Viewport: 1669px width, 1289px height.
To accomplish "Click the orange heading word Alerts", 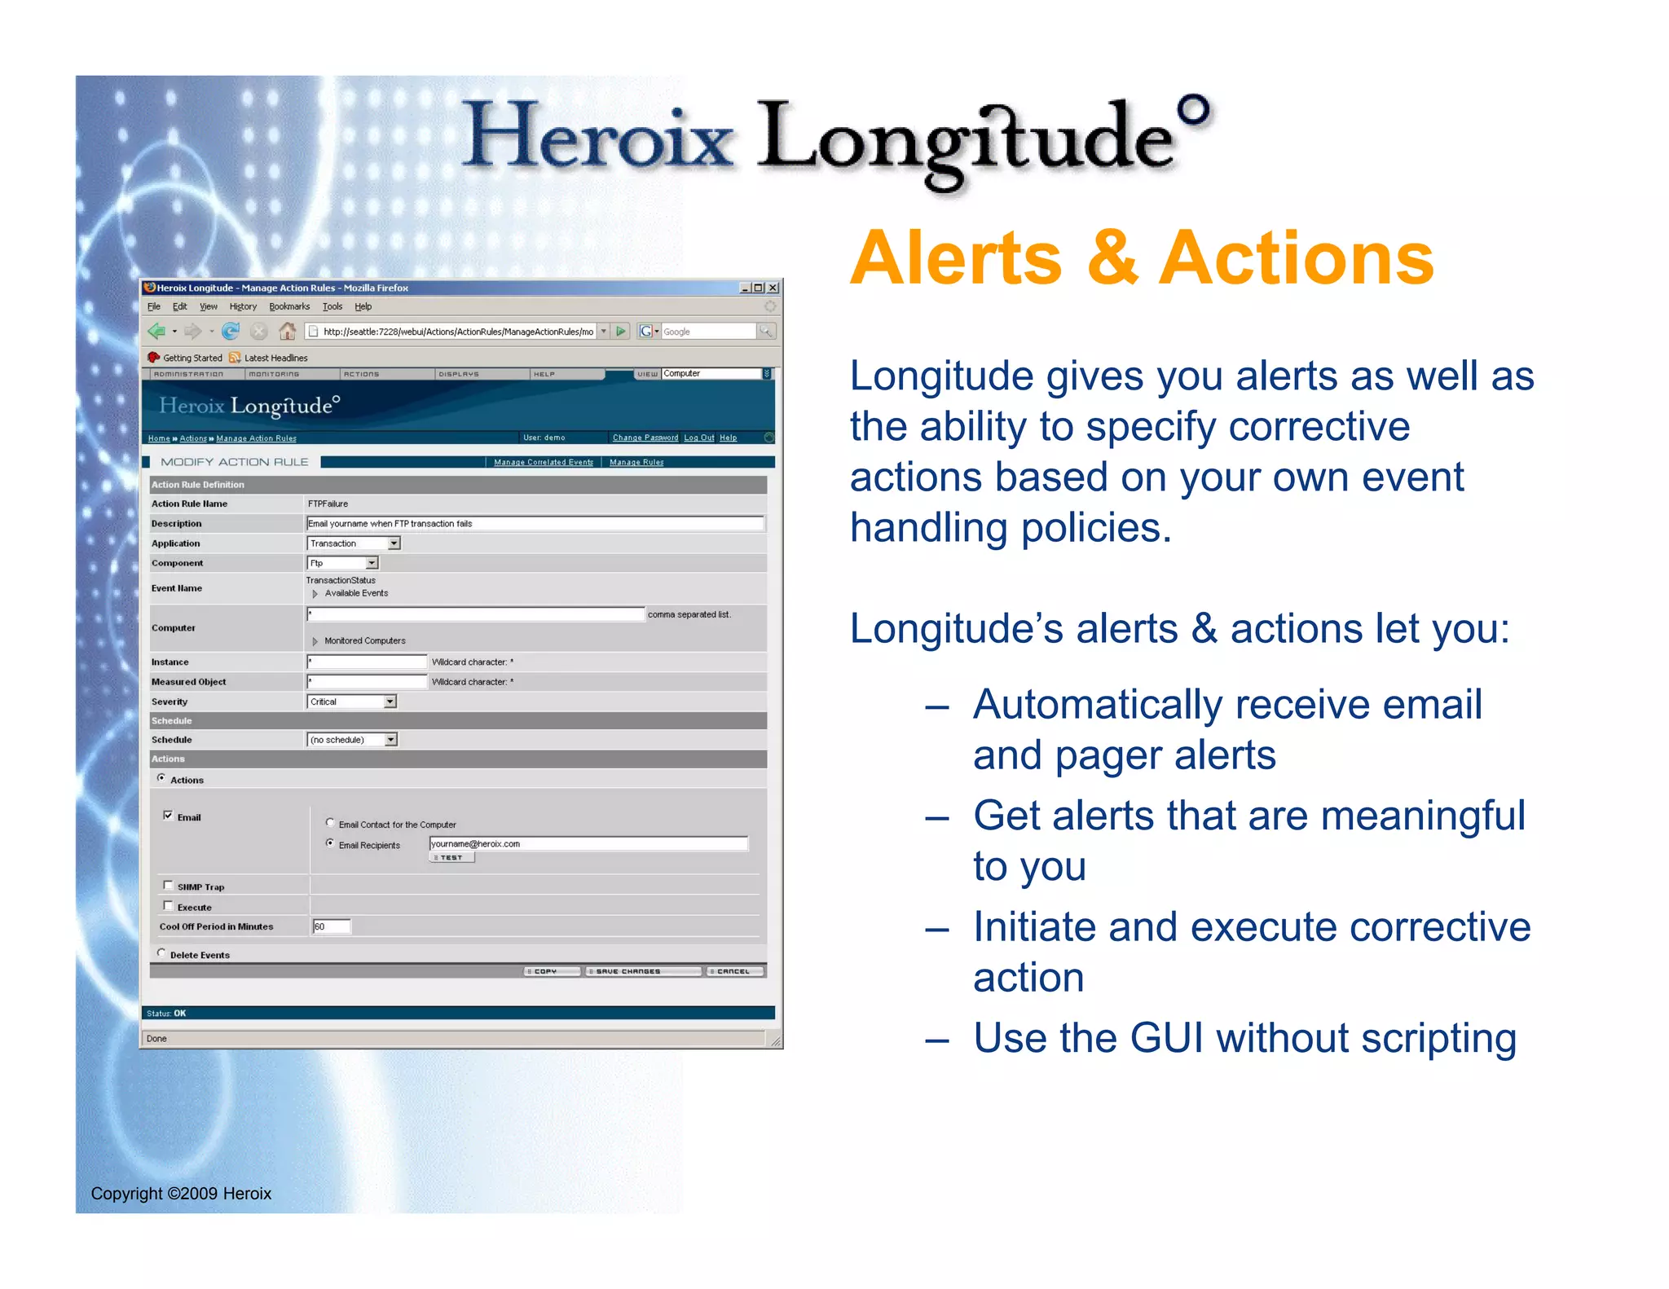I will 956,258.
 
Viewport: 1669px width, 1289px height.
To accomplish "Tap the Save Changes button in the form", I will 642,971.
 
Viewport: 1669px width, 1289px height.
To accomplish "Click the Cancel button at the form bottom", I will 735,971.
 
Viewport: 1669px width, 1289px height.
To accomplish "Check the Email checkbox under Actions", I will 168,816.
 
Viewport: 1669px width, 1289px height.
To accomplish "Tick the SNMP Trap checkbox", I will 168,886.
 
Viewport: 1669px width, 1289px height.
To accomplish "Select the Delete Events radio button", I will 161,953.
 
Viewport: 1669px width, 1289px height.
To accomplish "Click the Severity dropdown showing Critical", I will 351,702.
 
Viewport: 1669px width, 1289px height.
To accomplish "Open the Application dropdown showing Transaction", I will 354,543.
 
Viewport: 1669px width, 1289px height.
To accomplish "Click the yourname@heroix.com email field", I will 588,844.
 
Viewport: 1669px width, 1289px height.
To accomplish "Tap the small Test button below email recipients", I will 451,858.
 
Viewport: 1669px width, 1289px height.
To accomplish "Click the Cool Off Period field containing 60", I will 331,926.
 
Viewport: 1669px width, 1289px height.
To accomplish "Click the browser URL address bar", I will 456,332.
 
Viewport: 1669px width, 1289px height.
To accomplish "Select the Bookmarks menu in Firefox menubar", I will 289,307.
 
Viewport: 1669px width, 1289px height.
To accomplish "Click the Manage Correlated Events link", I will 544,462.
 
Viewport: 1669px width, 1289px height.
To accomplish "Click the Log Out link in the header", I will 698,438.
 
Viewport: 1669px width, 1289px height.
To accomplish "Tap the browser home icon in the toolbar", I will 287,331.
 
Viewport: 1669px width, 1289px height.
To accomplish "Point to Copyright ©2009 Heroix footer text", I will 181,1194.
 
